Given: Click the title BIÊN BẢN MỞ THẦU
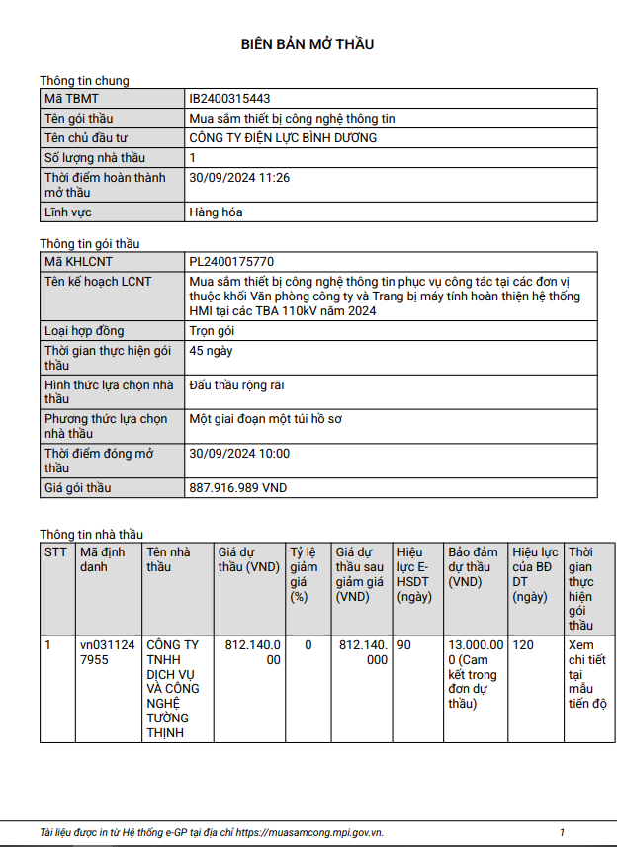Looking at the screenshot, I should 308,44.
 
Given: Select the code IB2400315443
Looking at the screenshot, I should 229,99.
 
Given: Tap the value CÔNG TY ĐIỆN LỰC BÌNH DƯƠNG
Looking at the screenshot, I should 283,138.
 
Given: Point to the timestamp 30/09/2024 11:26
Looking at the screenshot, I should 238,178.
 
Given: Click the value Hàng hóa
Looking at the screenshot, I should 216,212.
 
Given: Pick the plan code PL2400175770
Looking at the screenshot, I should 231,262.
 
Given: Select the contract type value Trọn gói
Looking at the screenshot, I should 213,331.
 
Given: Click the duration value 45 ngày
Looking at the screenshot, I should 211,351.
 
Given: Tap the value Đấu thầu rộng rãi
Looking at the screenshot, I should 236,385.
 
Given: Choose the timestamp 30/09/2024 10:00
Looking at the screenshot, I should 239,454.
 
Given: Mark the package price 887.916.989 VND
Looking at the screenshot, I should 237,488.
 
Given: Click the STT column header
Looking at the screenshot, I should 56,552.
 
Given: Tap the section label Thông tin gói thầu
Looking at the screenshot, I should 90,244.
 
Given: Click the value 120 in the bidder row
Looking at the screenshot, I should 524,645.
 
